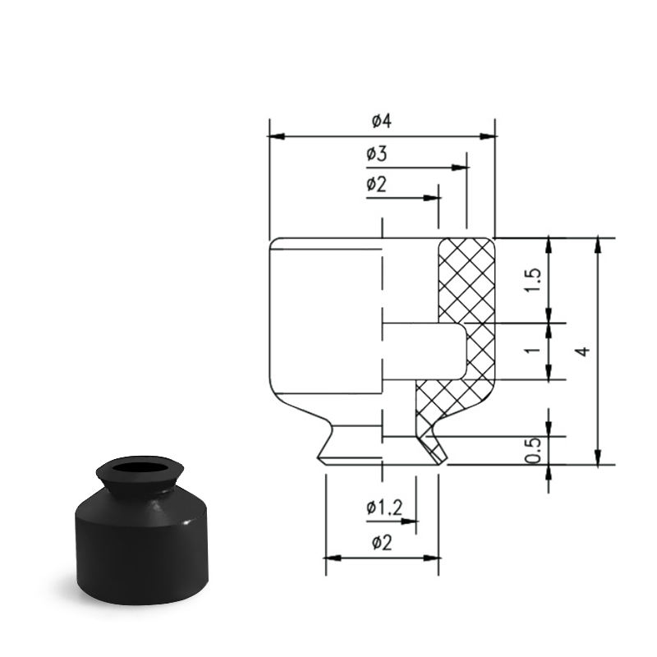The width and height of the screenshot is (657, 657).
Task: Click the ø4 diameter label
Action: tap(381, 121)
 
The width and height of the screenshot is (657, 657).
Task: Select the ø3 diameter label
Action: tap(377, 154)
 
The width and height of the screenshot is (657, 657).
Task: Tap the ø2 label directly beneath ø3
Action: tap(377, 184)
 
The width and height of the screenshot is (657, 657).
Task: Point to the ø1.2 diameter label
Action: tap(384, 508)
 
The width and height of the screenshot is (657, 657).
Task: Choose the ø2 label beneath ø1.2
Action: tap(382, 544)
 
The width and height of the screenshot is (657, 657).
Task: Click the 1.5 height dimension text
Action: tap(533, 280)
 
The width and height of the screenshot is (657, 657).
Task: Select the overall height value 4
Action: tap(583, 351)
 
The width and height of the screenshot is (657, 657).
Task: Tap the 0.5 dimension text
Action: tap(533, 451)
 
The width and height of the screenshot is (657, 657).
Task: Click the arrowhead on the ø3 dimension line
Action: tap(460, 168)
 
